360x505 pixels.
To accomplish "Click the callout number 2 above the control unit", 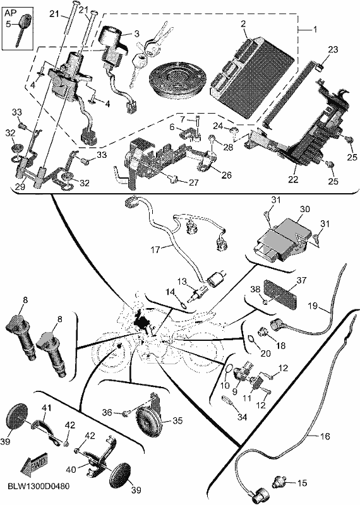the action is [243, 23].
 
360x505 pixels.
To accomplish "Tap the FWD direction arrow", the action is [34, 466].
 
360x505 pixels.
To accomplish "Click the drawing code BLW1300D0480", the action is [35, 486].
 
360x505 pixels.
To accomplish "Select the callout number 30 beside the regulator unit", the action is [304, 210].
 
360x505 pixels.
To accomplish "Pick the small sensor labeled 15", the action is [280, 483].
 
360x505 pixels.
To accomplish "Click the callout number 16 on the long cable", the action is [325, 436].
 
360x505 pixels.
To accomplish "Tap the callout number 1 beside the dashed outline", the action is [315, 30].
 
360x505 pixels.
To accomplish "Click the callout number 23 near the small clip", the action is [333, 50].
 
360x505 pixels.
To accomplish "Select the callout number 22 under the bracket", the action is [293, 179].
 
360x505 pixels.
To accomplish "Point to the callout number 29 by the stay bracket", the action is [20, 187].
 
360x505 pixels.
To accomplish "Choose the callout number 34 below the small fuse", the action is [242, 417].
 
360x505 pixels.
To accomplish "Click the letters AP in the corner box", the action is [11, 13].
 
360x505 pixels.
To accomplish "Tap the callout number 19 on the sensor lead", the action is [313, 306].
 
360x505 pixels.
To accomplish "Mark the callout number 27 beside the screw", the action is [193, 183].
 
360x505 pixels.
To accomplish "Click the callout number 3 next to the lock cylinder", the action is [136, 33].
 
